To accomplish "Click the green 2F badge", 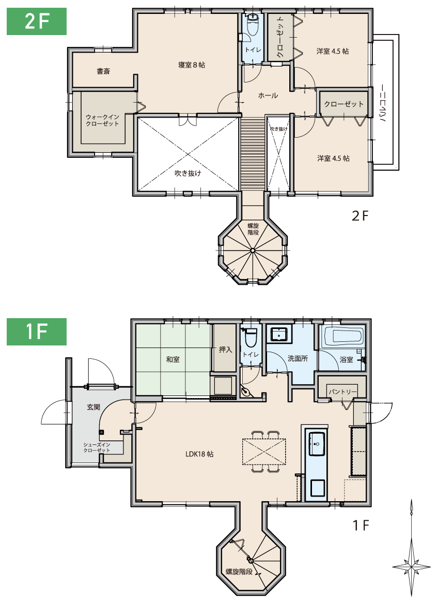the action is click(36, 22).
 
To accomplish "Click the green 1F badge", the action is click(36, 332).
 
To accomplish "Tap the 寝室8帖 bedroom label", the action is click(191, 65).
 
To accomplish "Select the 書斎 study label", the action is click(103, 71).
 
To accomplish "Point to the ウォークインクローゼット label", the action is click(102, 120).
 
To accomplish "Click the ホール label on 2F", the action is click(268, 95).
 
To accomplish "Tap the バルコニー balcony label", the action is click(383, 103).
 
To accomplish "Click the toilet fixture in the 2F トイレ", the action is click(252, 24).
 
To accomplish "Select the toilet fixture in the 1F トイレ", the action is click(249, 337).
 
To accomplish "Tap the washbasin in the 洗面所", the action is click(278, 335).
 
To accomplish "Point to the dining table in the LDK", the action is click(264, 452).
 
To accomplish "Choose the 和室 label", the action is click(173, 359).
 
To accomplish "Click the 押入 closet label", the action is click(225, 350).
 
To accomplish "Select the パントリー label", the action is click(342, 391).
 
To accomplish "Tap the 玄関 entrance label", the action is click(93, 407).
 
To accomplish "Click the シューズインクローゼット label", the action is click(97, 448).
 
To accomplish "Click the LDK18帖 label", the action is click(199, 454).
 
